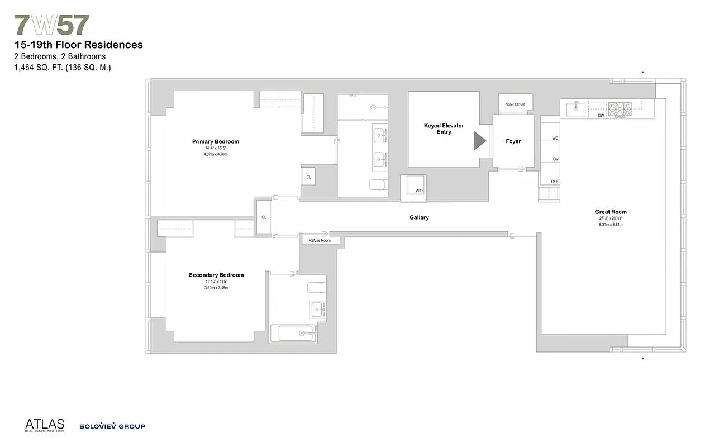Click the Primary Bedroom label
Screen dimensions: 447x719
(x=215, y=142)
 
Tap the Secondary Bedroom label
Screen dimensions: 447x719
(x=216, y=275)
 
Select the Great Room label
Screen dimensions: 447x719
(x=610, y=212)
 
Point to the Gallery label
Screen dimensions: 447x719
(x=419, y=217)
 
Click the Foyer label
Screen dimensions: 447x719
(x=513, y=141)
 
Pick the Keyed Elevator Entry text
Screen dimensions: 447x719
(x=444, y=129)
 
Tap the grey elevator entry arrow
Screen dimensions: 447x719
(x=479, y=141)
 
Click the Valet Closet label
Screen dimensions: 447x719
(x=515, y=104)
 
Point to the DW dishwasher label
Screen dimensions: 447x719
(x=601, y=116)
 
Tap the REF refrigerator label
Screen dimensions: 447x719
(x=554, y=182)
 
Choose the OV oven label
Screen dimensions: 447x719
(x=555, y=159)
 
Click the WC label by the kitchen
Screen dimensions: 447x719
(x=555, y=137)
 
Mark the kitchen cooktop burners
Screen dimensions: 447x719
(x=619, y=108)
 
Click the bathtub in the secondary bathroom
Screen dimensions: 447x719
(x=294, y=333)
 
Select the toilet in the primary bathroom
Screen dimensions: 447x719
(x=378, y=185)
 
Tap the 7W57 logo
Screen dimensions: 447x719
(x=51, y=26)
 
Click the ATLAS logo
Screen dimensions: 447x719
(x=44, y=425)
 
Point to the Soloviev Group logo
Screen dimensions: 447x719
(x=112, y=426)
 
